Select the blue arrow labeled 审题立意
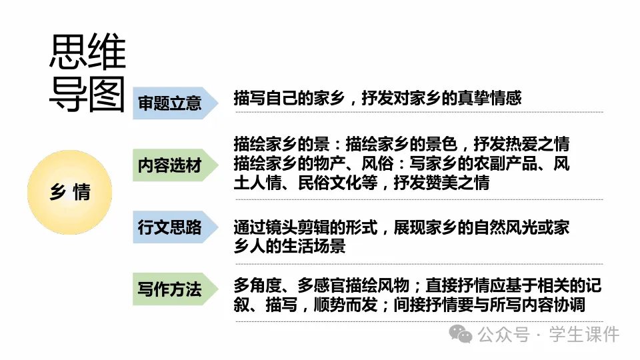point(172,103)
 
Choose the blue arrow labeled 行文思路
point(172,227)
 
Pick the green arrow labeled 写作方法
point(172,289)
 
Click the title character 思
point(68,52)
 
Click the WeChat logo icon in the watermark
point(461,335)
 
